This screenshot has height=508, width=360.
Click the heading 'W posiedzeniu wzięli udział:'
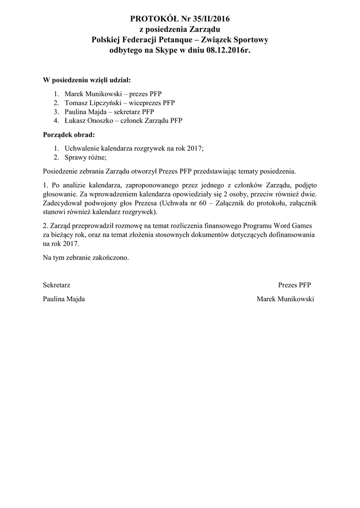[87, 80]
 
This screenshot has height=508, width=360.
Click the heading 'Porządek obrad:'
[69, 134]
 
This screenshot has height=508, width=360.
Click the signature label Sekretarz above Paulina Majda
[57, 285]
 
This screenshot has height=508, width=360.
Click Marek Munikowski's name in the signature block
[286, 299]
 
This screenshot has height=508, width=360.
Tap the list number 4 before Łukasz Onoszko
[57, 121]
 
